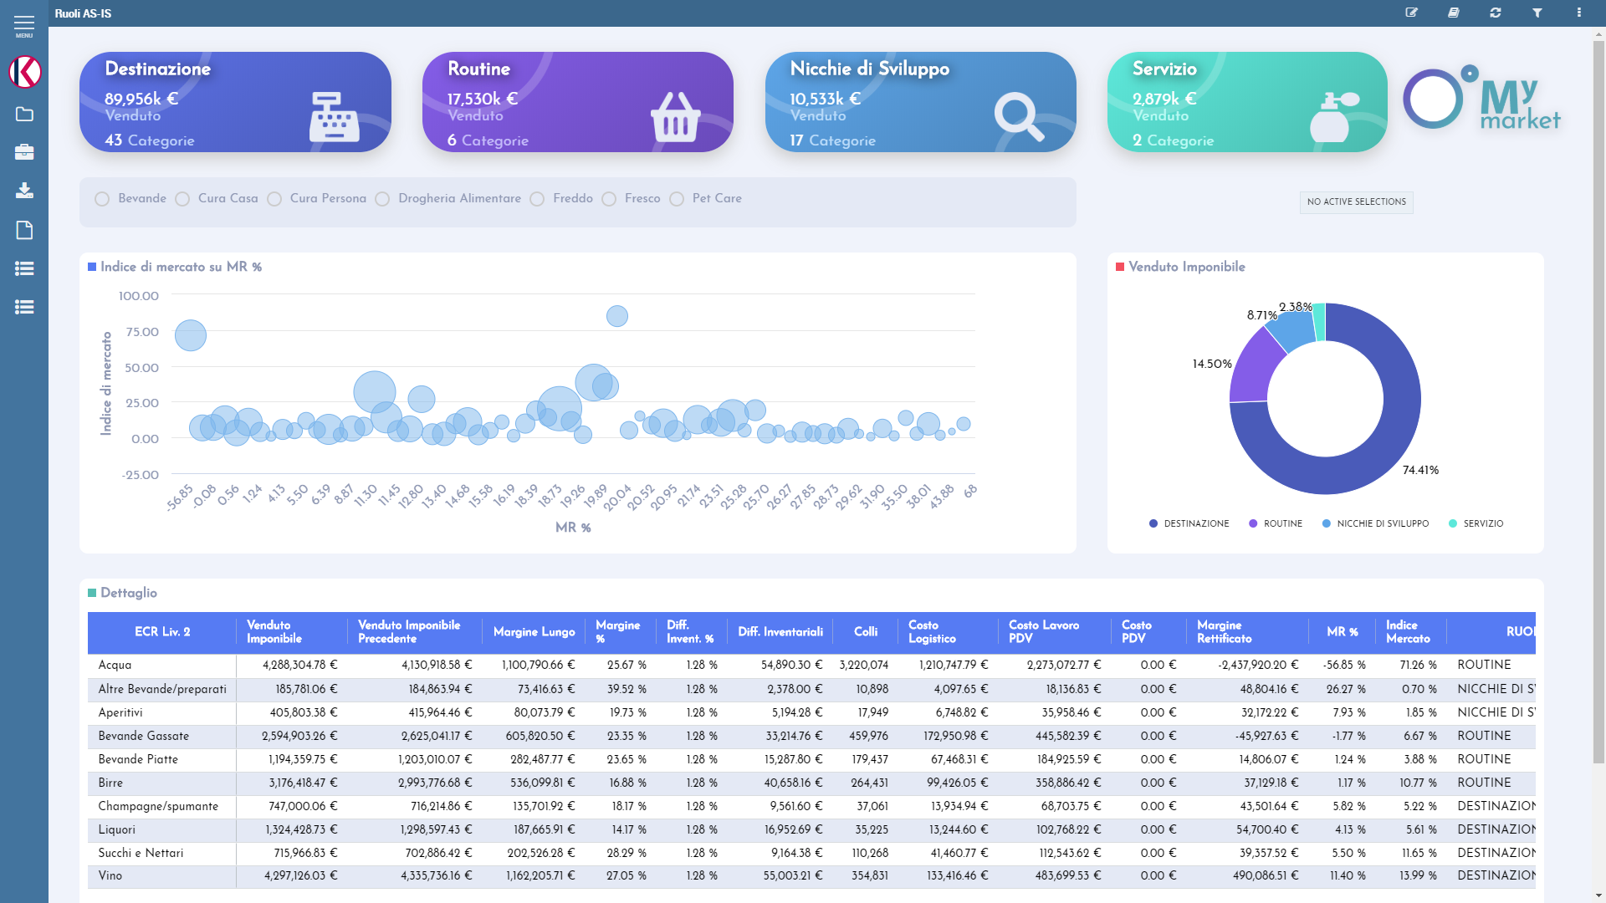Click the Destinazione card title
click(157, 69)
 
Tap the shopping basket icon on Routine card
click(675, 117)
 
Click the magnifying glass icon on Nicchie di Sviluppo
click(1018, 117)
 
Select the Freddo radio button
click(538, 199)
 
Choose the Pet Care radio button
click(677, 199)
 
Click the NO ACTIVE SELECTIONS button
click(1356, 202)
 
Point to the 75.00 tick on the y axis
click(142, 332)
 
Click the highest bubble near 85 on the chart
click(616, 316)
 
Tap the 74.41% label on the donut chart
click(1420, 470)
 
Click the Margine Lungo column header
click(534, 632)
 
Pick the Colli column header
click(866, 632)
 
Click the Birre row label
click(110, 783)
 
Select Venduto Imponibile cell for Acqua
click(299, 665)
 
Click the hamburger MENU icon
click(24, 24)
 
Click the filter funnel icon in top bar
click(1537, 13)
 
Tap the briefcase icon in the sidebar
click(24, 152)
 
